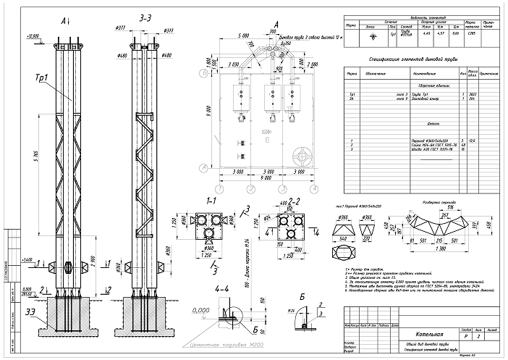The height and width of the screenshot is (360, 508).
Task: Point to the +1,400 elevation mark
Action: [31, 259]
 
